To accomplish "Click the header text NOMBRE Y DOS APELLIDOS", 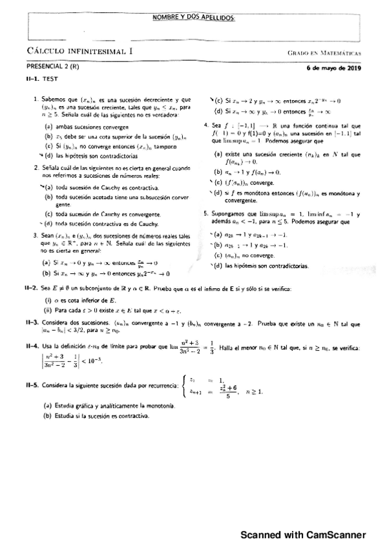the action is (193, 19).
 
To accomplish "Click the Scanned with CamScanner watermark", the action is (303, 534).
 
